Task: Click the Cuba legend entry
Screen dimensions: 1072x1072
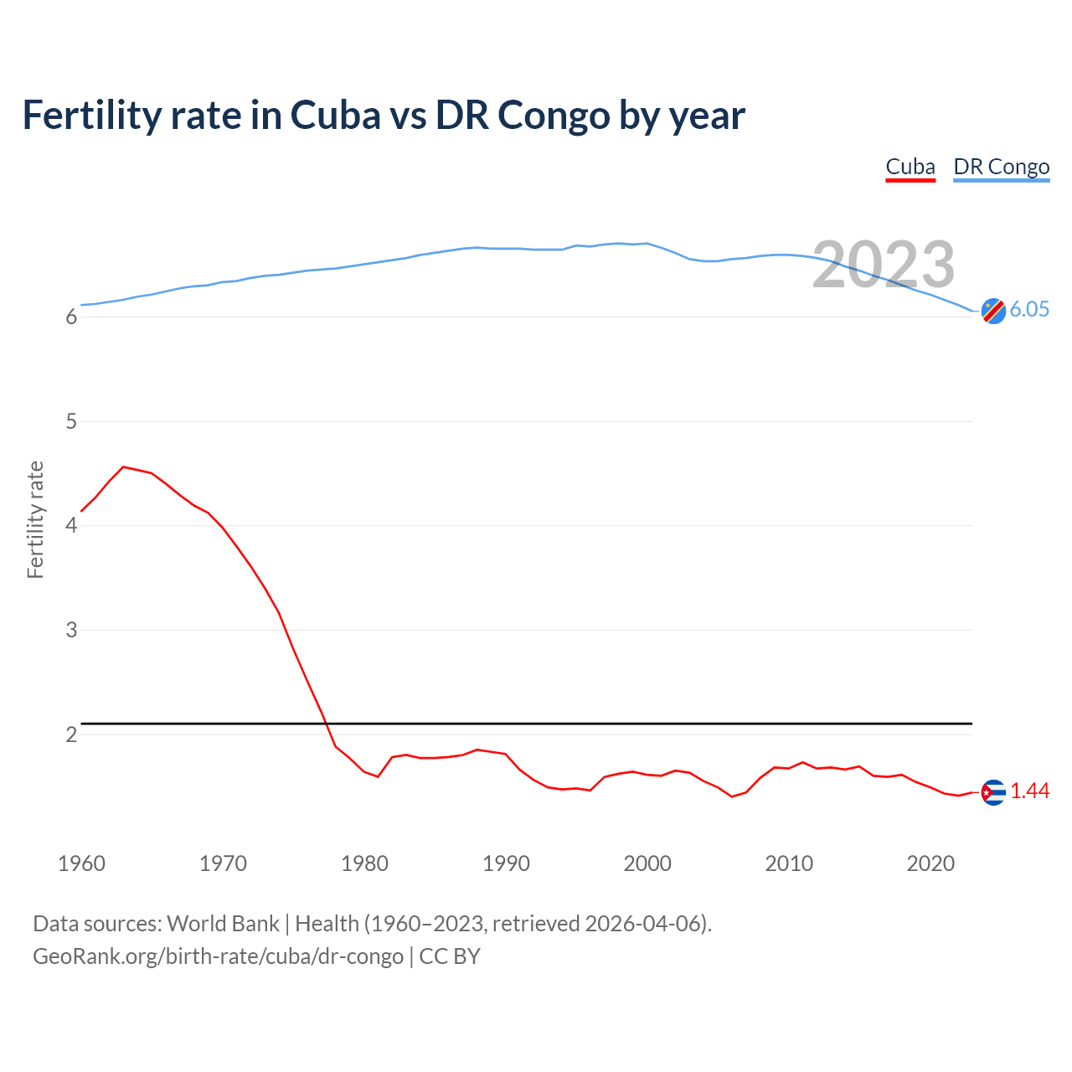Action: [910, 167]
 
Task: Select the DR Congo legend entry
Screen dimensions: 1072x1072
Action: [1001, 167]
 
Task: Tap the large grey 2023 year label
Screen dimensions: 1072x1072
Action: [884, 265]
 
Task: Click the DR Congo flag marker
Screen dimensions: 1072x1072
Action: [993, 311]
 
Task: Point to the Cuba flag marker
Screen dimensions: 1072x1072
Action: [993, 792]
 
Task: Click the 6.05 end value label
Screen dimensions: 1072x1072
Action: [1029, 309]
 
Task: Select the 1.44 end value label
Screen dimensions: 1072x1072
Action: [1029, 791]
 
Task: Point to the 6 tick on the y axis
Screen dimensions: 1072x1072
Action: [71, 317]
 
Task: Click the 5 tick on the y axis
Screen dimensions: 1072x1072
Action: [71, 421]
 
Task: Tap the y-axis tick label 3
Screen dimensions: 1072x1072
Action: [71, 630]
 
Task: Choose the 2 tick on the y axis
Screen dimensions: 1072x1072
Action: [71, 734]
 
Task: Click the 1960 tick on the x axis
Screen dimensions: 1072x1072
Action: [81, 863]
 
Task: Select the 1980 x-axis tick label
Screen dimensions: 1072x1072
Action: [364, 863]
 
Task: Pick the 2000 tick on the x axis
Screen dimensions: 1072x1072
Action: [647, 863]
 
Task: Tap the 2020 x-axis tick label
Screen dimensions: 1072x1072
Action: [930, 863]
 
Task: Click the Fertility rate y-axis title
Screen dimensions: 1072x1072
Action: [35, 519]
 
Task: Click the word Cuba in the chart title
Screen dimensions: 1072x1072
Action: [335, 115]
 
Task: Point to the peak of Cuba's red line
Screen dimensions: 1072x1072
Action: [124, 466]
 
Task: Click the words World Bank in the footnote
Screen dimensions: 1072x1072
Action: [223, 924]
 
